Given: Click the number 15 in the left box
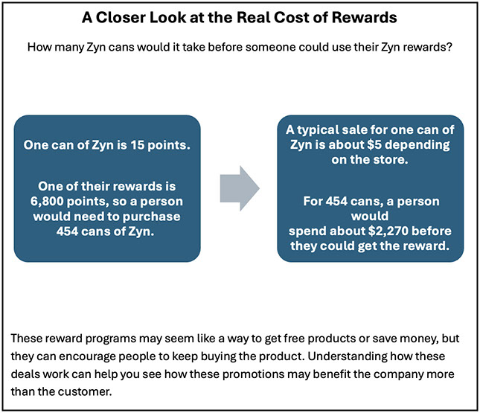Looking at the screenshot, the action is click(137, 145).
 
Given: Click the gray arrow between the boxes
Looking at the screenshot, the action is click(240, 188).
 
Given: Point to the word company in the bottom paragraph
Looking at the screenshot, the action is click(397, 374).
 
